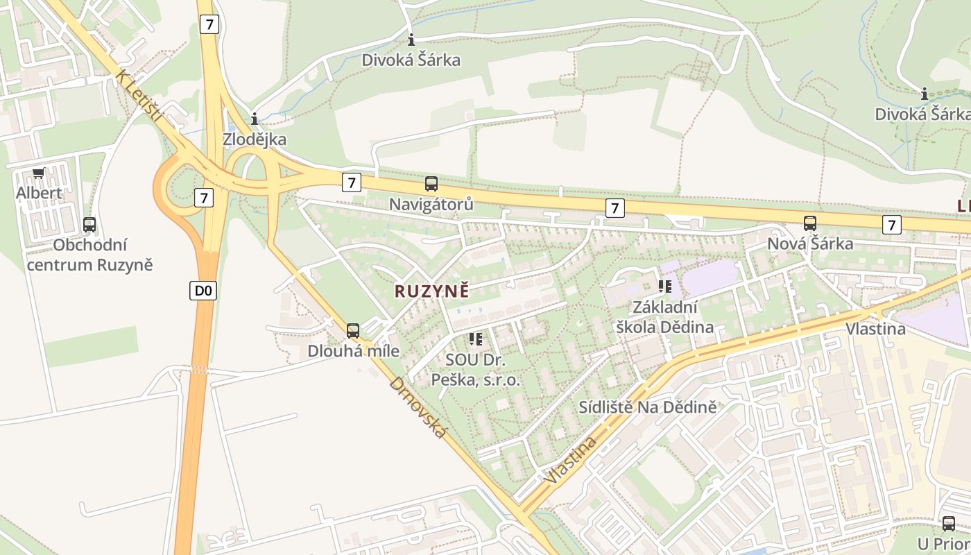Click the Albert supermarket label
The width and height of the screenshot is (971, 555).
point(39,193)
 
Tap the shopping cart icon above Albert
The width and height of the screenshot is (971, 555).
point(38,173)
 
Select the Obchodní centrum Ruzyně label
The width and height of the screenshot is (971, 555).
point(90,255)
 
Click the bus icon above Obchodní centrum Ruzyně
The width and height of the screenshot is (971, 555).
point(89,225)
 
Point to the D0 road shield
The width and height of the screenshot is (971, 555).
point(203,291)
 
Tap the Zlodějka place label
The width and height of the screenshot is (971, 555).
point(255,139)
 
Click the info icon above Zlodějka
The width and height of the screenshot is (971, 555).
point(255,119)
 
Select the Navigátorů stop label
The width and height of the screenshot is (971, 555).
point(431,205)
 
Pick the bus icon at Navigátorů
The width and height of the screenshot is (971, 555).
point(431,184)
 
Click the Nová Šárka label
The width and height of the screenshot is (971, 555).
point(810,244)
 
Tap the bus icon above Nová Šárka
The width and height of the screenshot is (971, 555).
point(810,223)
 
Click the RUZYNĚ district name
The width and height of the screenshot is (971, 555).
point(431,291)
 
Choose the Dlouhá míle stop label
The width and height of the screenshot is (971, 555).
point(353,351)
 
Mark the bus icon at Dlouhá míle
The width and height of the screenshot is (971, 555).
point(353,331)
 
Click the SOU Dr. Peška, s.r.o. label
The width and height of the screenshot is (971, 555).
point(476,370)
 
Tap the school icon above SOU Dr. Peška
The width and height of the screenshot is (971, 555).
point(476,339)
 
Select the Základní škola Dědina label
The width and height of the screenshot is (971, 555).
point(664,317)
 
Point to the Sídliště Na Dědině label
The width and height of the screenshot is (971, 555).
point(647,407)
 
